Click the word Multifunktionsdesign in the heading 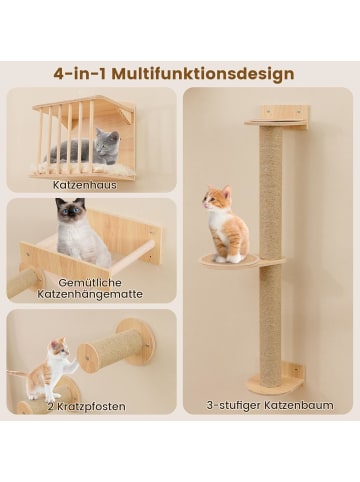pyautogui.click(x=203, y=74)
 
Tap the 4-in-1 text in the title pyautogui.click(x=80, y=74)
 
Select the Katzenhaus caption pyautogui.click(x=85, y=185)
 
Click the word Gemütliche pyautogui.click(x=90, y=283)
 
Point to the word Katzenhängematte pyautogui.click(x=90, y=294)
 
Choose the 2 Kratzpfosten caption pyautogui.click(x=86, y=406)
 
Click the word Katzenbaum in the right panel pyautogui.click(x=299, y=405)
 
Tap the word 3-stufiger pyautogui.click(x=234, y=405)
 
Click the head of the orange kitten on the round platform pyautogui.click(x=216, y=198)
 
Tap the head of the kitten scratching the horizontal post pyautogui.click(x=59, y=348)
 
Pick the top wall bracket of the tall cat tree pyautogui.click(x=278, y=118)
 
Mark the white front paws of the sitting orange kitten pyautogui.click(x=229, y=258)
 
